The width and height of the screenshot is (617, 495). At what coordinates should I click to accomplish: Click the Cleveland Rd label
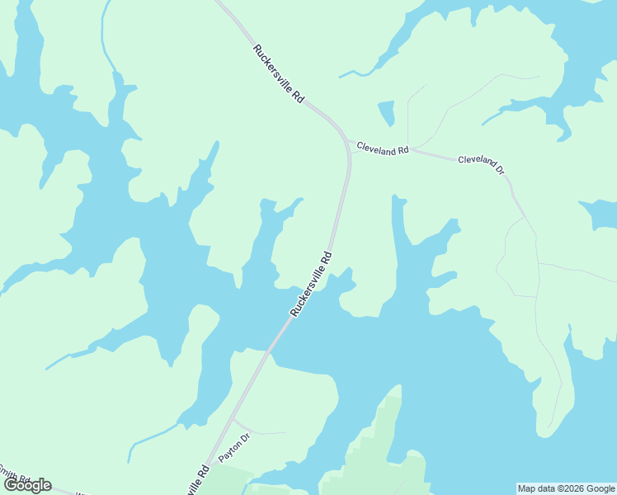(382, 149)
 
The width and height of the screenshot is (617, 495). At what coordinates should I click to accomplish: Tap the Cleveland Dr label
(480, 163)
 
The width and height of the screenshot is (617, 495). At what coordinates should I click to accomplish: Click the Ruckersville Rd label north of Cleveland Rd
(279, 73)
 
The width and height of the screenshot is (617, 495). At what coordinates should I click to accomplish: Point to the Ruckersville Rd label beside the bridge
(311, 284)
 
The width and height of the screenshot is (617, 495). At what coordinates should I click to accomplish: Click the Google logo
(27, 485)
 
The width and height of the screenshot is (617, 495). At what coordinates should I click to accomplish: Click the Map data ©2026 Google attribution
(567, 488)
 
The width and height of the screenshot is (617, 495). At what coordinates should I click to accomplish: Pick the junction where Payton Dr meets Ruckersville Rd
(233, 418)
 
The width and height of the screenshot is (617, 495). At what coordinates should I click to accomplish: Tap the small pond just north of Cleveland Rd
(386, 113)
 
